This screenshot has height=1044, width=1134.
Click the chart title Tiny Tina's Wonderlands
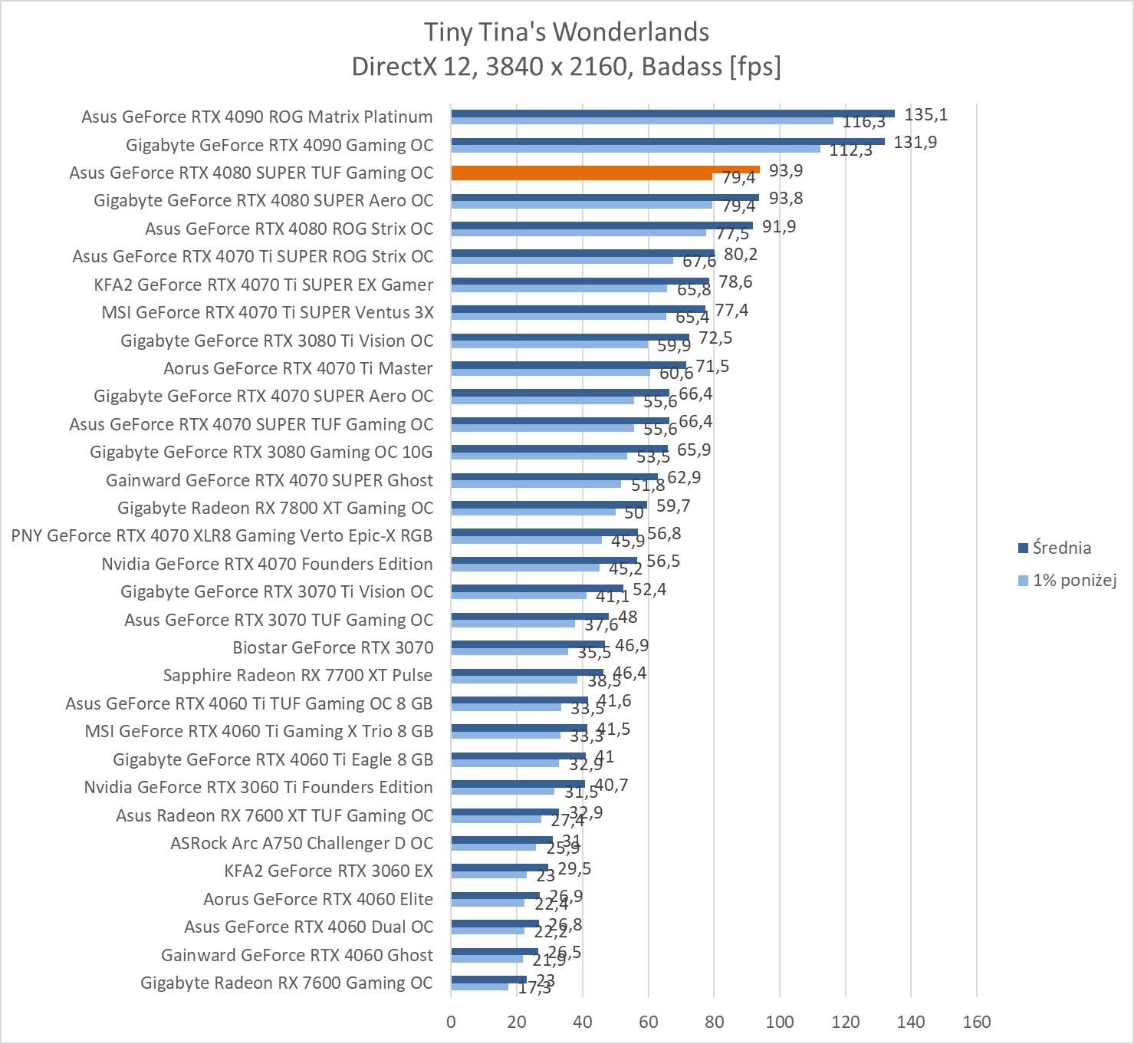pos(567,32)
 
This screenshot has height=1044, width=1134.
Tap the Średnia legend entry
pos(1061,548)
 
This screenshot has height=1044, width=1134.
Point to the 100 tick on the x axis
pos(780,1022)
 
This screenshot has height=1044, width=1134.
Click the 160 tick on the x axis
pos(976,1022)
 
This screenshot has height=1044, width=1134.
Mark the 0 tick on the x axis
pos(451,1022)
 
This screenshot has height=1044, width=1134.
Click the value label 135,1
pos(925,115)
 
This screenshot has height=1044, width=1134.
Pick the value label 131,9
pos(915,143)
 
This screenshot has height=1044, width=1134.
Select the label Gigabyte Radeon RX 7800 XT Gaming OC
pos(274,508)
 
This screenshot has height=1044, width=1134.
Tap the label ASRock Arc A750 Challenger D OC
pos(301,843)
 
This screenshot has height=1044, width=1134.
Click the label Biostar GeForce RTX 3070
pos(333,647)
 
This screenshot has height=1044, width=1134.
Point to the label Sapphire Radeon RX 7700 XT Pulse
pos(297,675)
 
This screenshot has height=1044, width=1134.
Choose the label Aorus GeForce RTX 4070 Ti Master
pos(297,368)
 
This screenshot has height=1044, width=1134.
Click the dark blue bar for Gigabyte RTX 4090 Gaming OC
pos(667,141)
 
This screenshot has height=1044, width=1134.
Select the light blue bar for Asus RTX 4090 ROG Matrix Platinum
pos(642,120)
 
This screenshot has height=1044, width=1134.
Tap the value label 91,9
pos(778,227)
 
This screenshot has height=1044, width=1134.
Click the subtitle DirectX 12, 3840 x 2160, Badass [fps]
pos(567,67)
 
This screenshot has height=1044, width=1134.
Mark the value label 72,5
pos(715,338)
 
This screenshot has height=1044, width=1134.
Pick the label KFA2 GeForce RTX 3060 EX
pos(328,871)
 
